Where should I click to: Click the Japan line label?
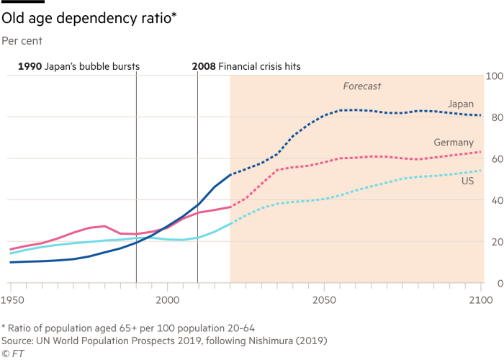[460, 104]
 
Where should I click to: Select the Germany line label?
[454, 143]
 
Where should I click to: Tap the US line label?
[467, 181]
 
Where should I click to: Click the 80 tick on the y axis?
[495, 117]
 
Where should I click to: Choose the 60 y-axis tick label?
[495, 158]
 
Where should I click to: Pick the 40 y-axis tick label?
[495, 200]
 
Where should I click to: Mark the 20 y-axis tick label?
[495, 242]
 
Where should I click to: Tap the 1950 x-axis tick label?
[11, 297]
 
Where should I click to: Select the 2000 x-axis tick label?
[167, 297]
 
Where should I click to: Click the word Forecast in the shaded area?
[361, 86]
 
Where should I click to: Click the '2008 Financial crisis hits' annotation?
[246, 66]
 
